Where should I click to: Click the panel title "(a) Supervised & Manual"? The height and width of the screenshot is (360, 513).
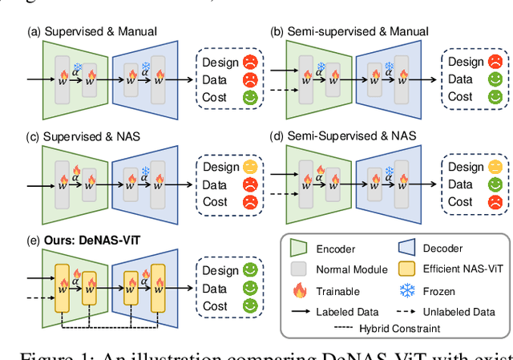(x=91, y=31)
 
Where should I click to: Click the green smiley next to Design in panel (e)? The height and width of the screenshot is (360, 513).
(x=252, y=271)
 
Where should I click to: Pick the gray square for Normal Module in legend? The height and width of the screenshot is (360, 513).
(x=301, y=270)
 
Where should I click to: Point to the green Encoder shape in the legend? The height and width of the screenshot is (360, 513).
(x=301, y=248)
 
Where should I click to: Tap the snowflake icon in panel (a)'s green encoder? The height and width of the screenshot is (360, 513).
(x=77, y=67)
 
